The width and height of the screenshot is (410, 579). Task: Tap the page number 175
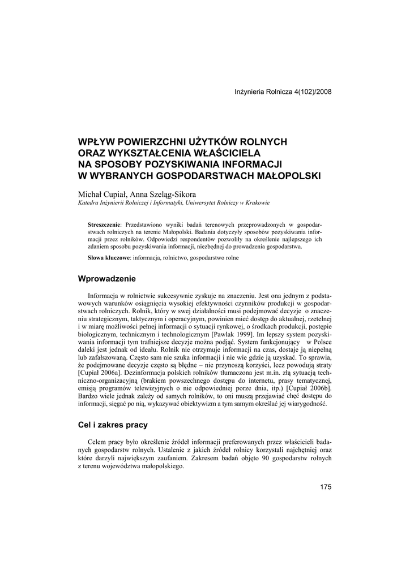[x=326, y=487]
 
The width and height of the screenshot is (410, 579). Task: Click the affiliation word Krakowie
[x=257, y=202]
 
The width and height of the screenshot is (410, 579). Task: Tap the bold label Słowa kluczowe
[x=109, y=257]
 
